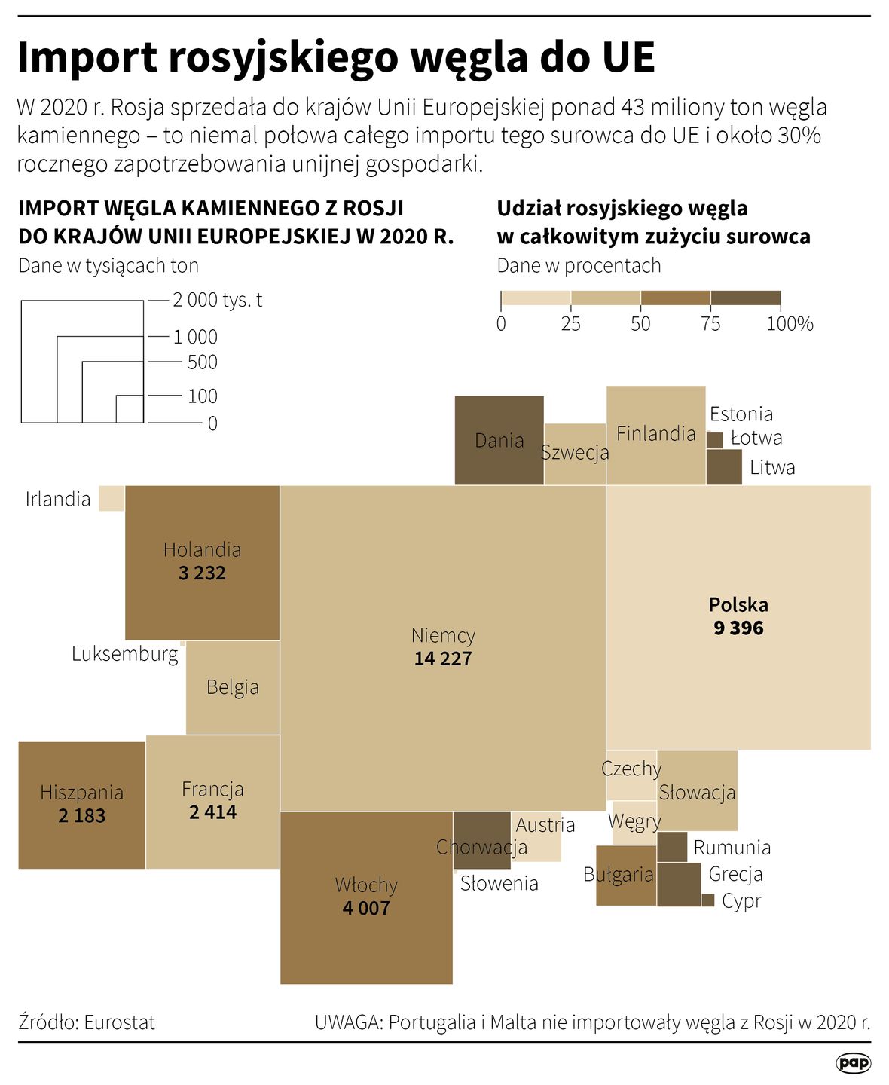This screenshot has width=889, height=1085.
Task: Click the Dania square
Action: click(499, 440)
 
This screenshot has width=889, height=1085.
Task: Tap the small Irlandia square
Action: click(112, 499)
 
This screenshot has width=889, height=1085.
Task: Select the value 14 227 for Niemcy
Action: click(443, 659)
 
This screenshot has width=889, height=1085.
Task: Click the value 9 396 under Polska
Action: click(738, 628)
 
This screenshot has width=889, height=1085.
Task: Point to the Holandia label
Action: click(202, 549)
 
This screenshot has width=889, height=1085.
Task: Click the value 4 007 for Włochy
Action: click(366, 908)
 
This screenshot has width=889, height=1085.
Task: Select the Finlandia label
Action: click(655, 433)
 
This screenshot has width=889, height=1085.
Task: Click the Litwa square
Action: click(724, 467)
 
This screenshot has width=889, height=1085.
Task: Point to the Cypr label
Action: click(741, 901)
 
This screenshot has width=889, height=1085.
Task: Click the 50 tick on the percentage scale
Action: click(640, 324)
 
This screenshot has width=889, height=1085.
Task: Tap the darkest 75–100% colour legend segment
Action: click(746, 298)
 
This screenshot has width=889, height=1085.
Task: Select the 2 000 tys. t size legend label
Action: click(217, 300)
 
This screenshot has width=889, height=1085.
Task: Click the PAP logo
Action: click(854, 1063)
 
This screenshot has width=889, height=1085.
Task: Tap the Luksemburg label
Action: click(125, 653)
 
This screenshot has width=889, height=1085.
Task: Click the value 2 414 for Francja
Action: click(212, 812)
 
